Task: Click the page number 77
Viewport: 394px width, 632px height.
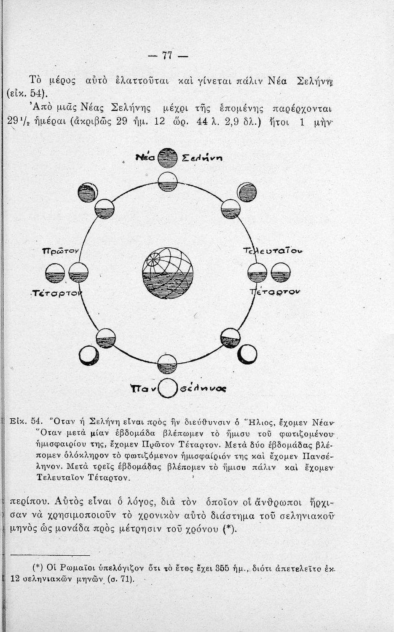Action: coord(167,56)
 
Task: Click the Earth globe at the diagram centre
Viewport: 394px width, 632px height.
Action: coord(168,273)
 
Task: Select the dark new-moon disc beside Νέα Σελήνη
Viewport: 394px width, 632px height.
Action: coord(167,158)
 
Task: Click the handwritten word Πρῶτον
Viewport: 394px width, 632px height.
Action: coord(61,251)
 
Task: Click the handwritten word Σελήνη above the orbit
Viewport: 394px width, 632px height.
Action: coord(202,158)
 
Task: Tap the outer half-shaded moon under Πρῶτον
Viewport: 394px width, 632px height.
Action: coord(55,273)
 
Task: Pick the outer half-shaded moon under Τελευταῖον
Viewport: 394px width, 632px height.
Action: coord(281,272)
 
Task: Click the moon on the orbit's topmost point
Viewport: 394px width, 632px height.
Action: coord(167,182)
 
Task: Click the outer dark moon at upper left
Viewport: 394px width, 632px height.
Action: coord(88,193)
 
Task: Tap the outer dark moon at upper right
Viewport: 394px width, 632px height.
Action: coord(247,193)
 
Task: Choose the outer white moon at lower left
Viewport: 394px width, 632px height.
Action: coord(89,356)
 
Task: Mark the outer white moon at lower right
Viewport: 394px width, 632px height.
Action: coord(247,354)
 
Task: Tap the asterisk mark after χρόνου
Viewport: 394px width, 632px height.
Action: coord(229,529)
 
